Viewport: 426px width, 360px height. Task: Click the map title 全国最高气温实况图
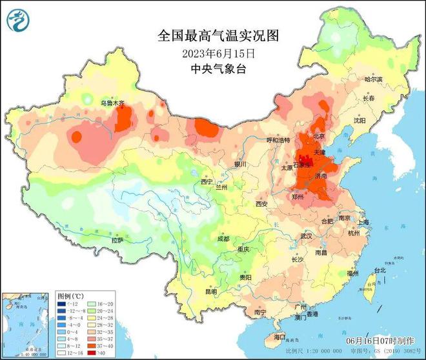click(x=212, y=36)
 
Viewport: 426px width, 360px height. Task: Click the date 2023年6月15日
click(x=212, y=52)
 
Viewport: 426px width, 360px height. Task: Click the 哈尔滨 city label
click(x=373, y=79)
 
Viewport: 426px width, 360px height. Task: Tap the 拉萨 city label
click(x=117, y=240)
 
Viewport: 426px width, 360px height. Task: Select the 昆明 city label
click(x=211, y=291)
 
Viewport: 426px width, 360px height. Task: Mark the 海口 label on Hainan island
click(x=279, y=337)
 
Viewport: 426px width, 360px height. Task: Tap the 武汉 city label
click(x=306, y=236)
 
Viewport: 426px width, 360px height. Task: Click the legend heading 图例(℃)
click(x=70, y=294)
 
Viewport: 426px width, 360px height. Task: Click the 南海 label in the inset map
click(x=16, y=330)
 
